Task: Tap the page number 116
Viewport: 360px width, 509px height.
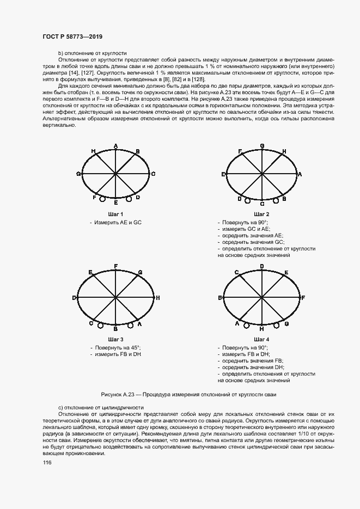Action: pyautogui.click(x=47, y=462)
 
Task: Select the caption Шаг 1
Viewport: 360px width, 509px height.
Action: pyautogui.click(x=116, y=214)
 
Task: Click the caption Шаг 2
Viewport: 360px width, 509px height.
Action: pyautogui.click(x=261, y=214)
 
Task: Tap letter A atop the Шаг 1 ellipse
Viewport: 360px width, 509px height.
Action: pyautogui.click(x=116, y=145)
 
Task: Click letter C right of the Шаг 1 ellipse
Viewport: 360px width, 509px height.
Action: pyautogui.click(x=154, y=174)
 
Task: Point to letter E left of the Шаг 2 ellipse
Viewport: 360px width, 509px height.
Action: pyautogui.click(x=223, y=174)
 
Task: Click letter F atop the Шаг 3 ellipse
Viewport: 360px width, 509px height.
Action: pyautogui.click(x=116, y=266)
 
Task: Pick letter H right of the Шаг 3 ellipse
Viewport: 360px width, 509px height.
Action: pyautogui.click(x=157, y=298)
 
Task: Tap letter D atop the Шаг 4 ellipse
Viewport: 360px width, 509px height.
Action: pyautogui.click(x=262, y=266)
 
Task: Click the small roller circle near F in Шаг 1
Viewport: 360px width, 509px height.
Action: pyautogui.click(x=101, y=200)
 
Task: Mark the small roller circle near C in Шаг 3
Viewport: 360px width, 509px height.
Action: pyautogui.click(x=100, y=326)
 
